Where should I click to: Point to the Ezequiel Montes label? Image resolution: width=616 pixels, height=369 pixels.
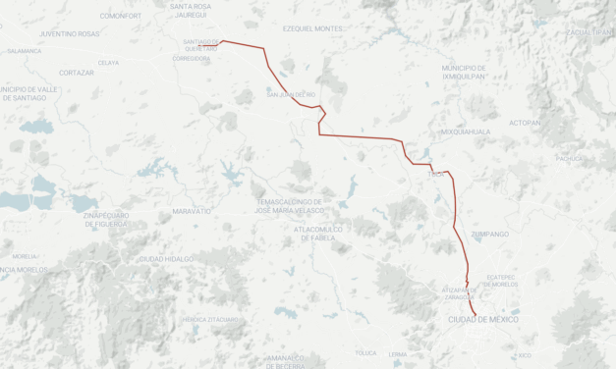pos(312,28)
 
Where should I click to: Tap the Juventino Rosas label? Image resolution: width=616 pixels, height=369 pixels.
pos(69,33)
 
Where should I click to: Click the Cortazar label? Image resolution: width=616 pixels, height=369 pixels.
pos(77,73)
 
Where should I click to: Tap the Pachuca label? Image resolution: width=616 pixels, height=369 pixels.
pos(569,158)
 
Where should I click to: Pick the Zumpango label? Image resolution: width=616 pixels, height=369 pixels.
pos(490,234)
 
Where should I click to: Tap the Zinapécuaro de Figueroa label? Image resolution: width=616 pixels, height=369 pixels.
pos(106,219)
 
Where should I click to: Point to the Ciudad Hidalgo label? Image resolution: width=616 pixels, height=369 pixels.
pos(165,258)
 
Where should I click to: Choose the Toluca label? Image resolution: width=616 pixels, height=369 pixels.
pos(365,352)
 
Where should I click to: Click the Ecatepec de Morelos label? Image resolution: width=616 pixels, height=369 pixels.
pos(508,282)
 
